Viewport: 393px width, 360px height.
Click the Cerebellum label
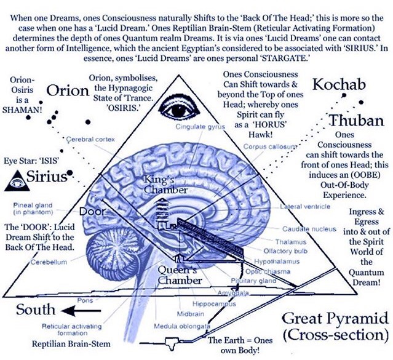click(x=48, y=263)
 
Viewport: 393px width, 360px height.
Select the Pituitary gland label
click(x=258, y=280)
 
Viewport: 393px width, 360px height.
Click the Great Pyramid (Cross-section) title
click(x=335, y=327)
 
